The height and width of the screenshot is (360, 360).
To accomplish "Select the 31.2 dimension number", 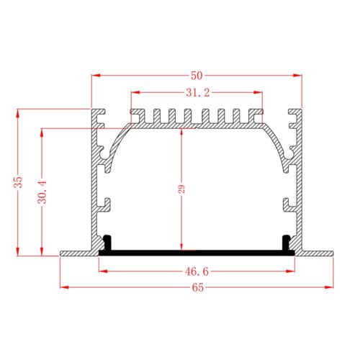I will point(197,92).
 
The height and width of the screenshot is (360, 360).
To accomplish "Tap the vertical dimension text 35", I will point(19,182).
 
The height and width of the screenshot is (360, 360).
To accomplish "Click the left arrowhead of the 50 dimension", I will point(95,74).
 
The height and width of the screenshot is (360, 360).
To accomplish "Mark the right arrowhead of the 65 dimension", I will point(332,287).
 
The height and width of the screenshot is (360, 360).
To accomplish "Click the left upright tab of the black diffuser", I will point(107,242).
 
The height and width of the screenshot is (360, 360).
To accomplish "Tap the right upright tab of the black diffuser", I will point(285,242).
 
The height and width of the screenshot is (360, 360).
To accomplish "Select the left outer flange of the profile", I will point(75,253).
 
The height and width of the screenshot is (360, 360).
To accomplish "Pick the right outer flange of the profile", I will point(317,253).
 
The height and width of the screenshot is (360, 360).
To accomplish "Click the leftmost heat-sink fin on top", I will point(135,116).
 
